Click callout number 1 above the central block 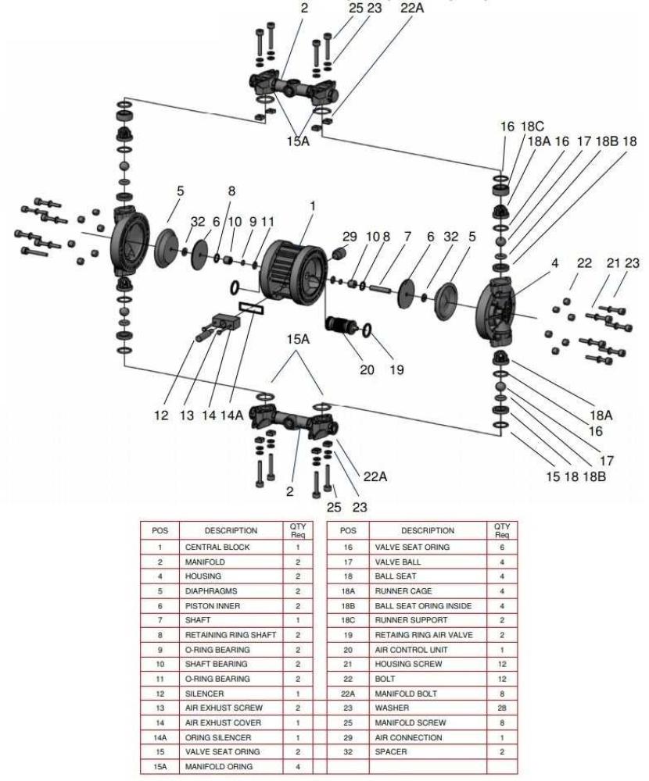coord(313,206)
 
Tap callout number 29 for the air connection coord(349,236)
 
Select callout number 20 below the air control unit coord(367,369)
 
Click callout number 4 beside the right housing coord(554,263)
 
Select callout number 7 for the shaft coord(407,236)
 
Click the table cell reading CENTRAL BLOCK coord(217,547)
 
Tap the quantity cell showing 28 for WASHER coord(501,708)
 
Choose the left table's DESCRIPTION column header coord(231,530)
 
